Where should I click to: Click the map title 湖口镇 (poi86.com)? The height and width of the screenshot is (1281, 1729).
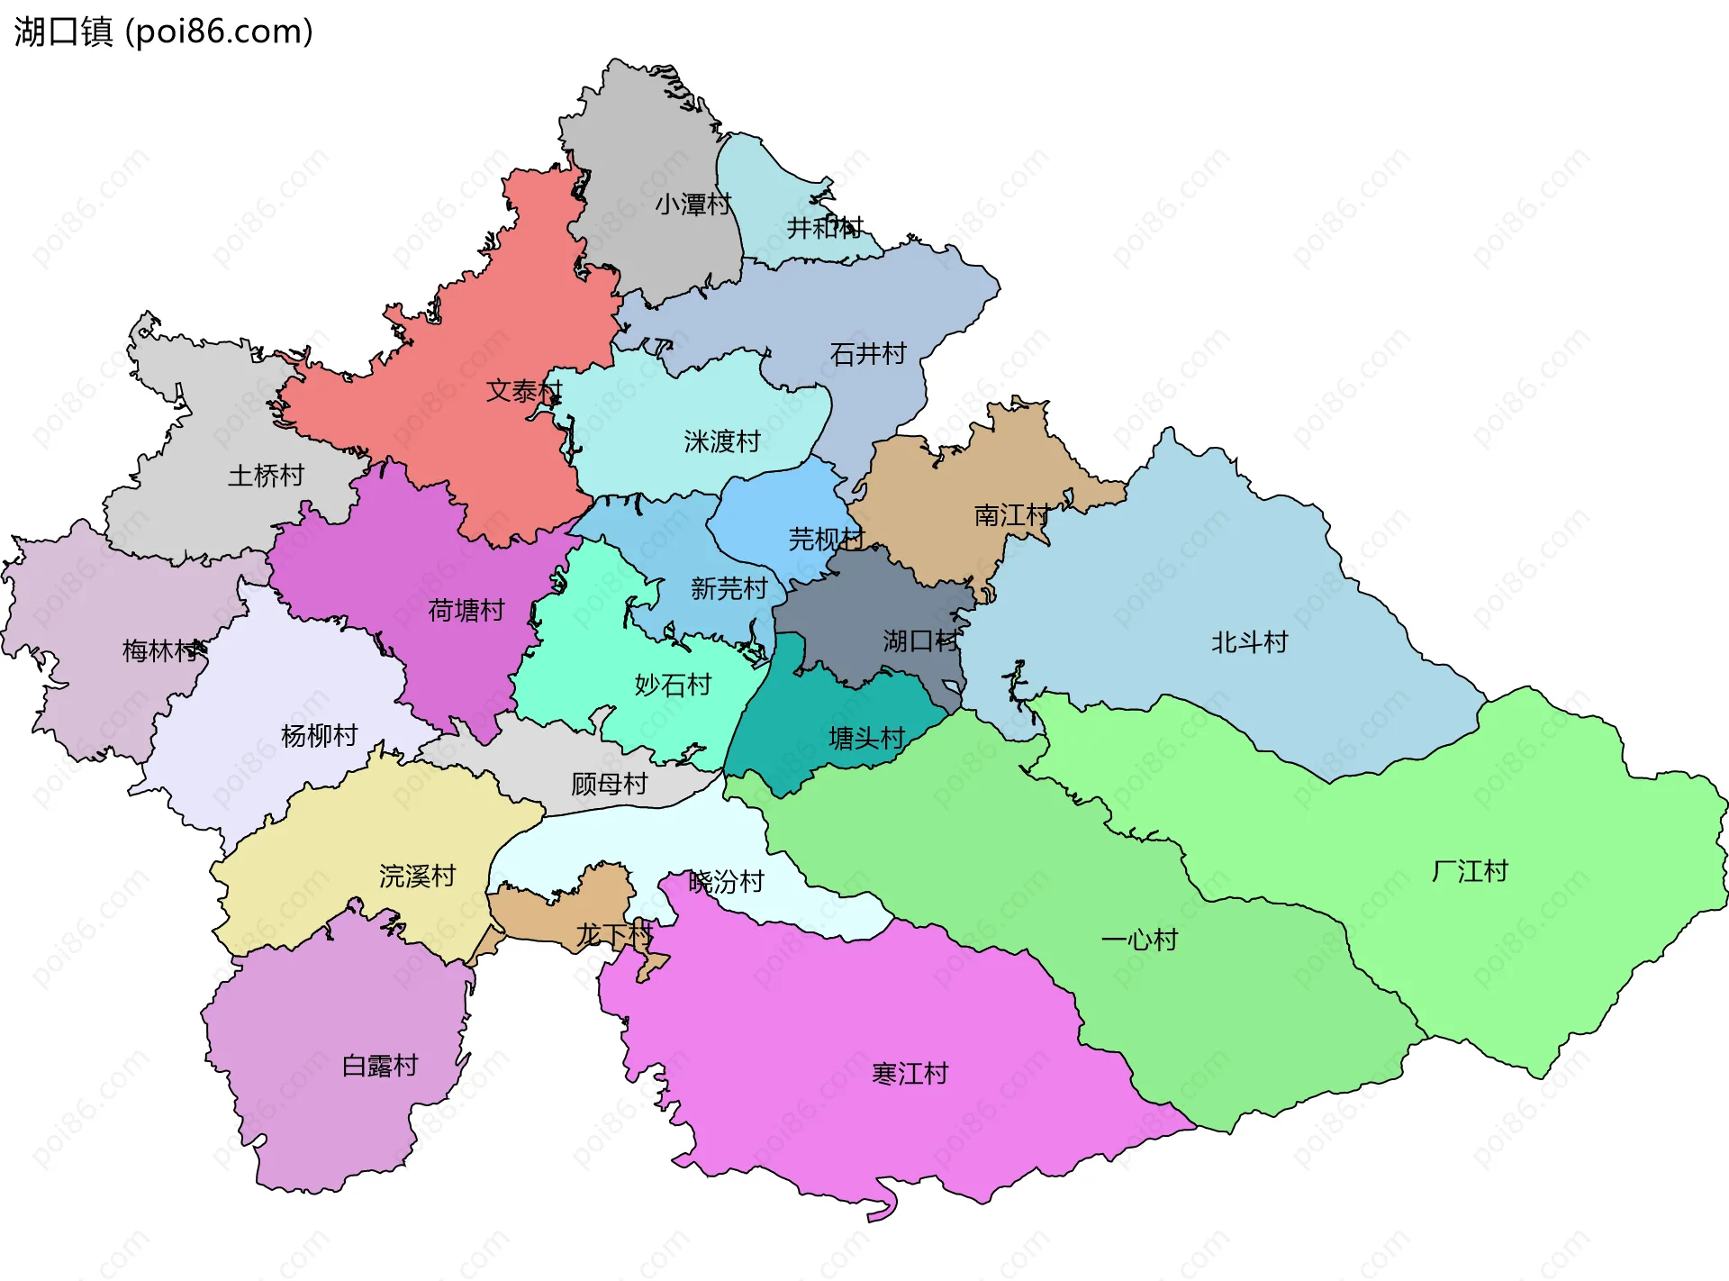pos(163,32)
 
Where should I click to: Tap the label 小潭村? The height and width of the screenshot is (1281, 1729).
pos(693,204)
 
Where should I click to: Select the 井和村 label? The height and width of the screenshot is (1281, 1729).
pos(825,228)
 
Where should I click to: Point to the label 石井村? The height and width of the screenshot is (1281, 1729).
pos(867,354)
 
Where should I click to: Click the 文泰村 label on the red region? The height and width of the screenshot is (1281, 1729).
pos(524,391)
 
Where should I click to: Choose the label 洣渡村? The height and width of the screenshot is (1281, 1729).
pos(722,441)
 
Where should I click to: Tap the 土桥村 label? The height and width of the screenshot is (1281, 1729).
pos(266,476)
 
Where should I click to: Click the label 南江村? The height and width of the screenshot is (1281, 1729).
pos(1012,515)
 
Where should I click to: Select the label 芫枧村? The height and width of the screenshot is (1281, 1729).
pos(827,539)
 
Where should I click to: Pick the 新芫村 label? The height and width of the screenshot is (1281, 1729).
pos(729,588)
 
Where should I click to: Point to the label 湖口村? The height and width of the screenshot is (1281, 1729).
pos(920,641)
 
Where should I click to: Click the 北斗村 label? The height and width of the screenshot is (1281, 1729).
pos(1249,642)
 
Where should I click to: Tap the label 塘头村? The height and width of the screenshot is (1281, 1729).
pos(866,739)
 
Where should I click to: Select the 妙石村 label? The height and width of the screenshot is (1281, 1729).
pos(673,686)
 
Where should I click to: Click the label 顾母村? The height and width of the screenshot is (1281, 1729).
pos(610,784)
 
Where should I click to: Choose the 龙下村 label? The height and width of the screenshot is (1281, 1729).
pos(614,935)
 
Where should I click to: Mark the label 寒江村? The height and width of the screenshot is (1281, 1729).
pos(910,1074)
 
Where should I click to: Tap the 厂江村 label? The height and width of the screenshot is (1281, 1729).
pos(1470,871)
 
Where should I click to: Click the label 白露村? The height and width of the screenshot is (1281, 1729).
pos(380,1066)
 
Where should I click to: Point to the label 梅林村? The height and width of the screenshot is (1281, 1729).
pos(161,650)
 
